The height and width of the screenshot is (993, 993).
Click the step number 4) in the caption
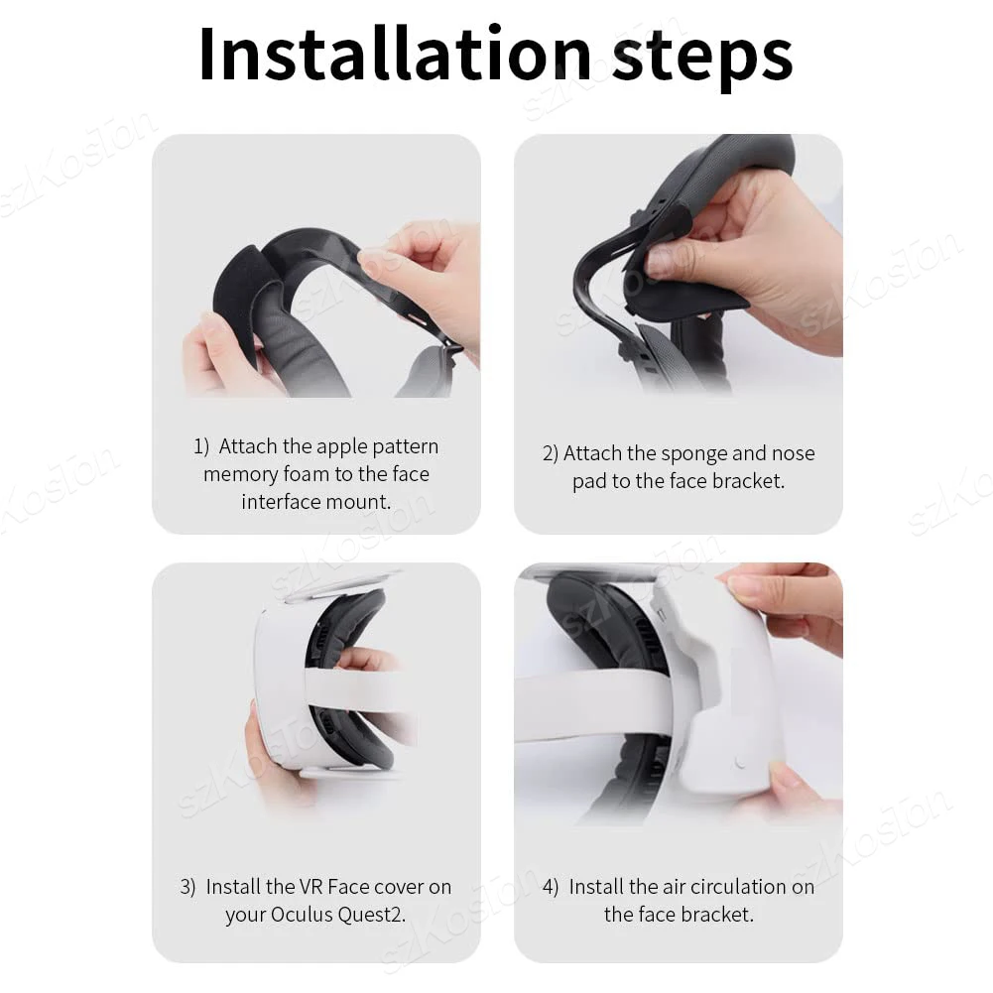point(551,886)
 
